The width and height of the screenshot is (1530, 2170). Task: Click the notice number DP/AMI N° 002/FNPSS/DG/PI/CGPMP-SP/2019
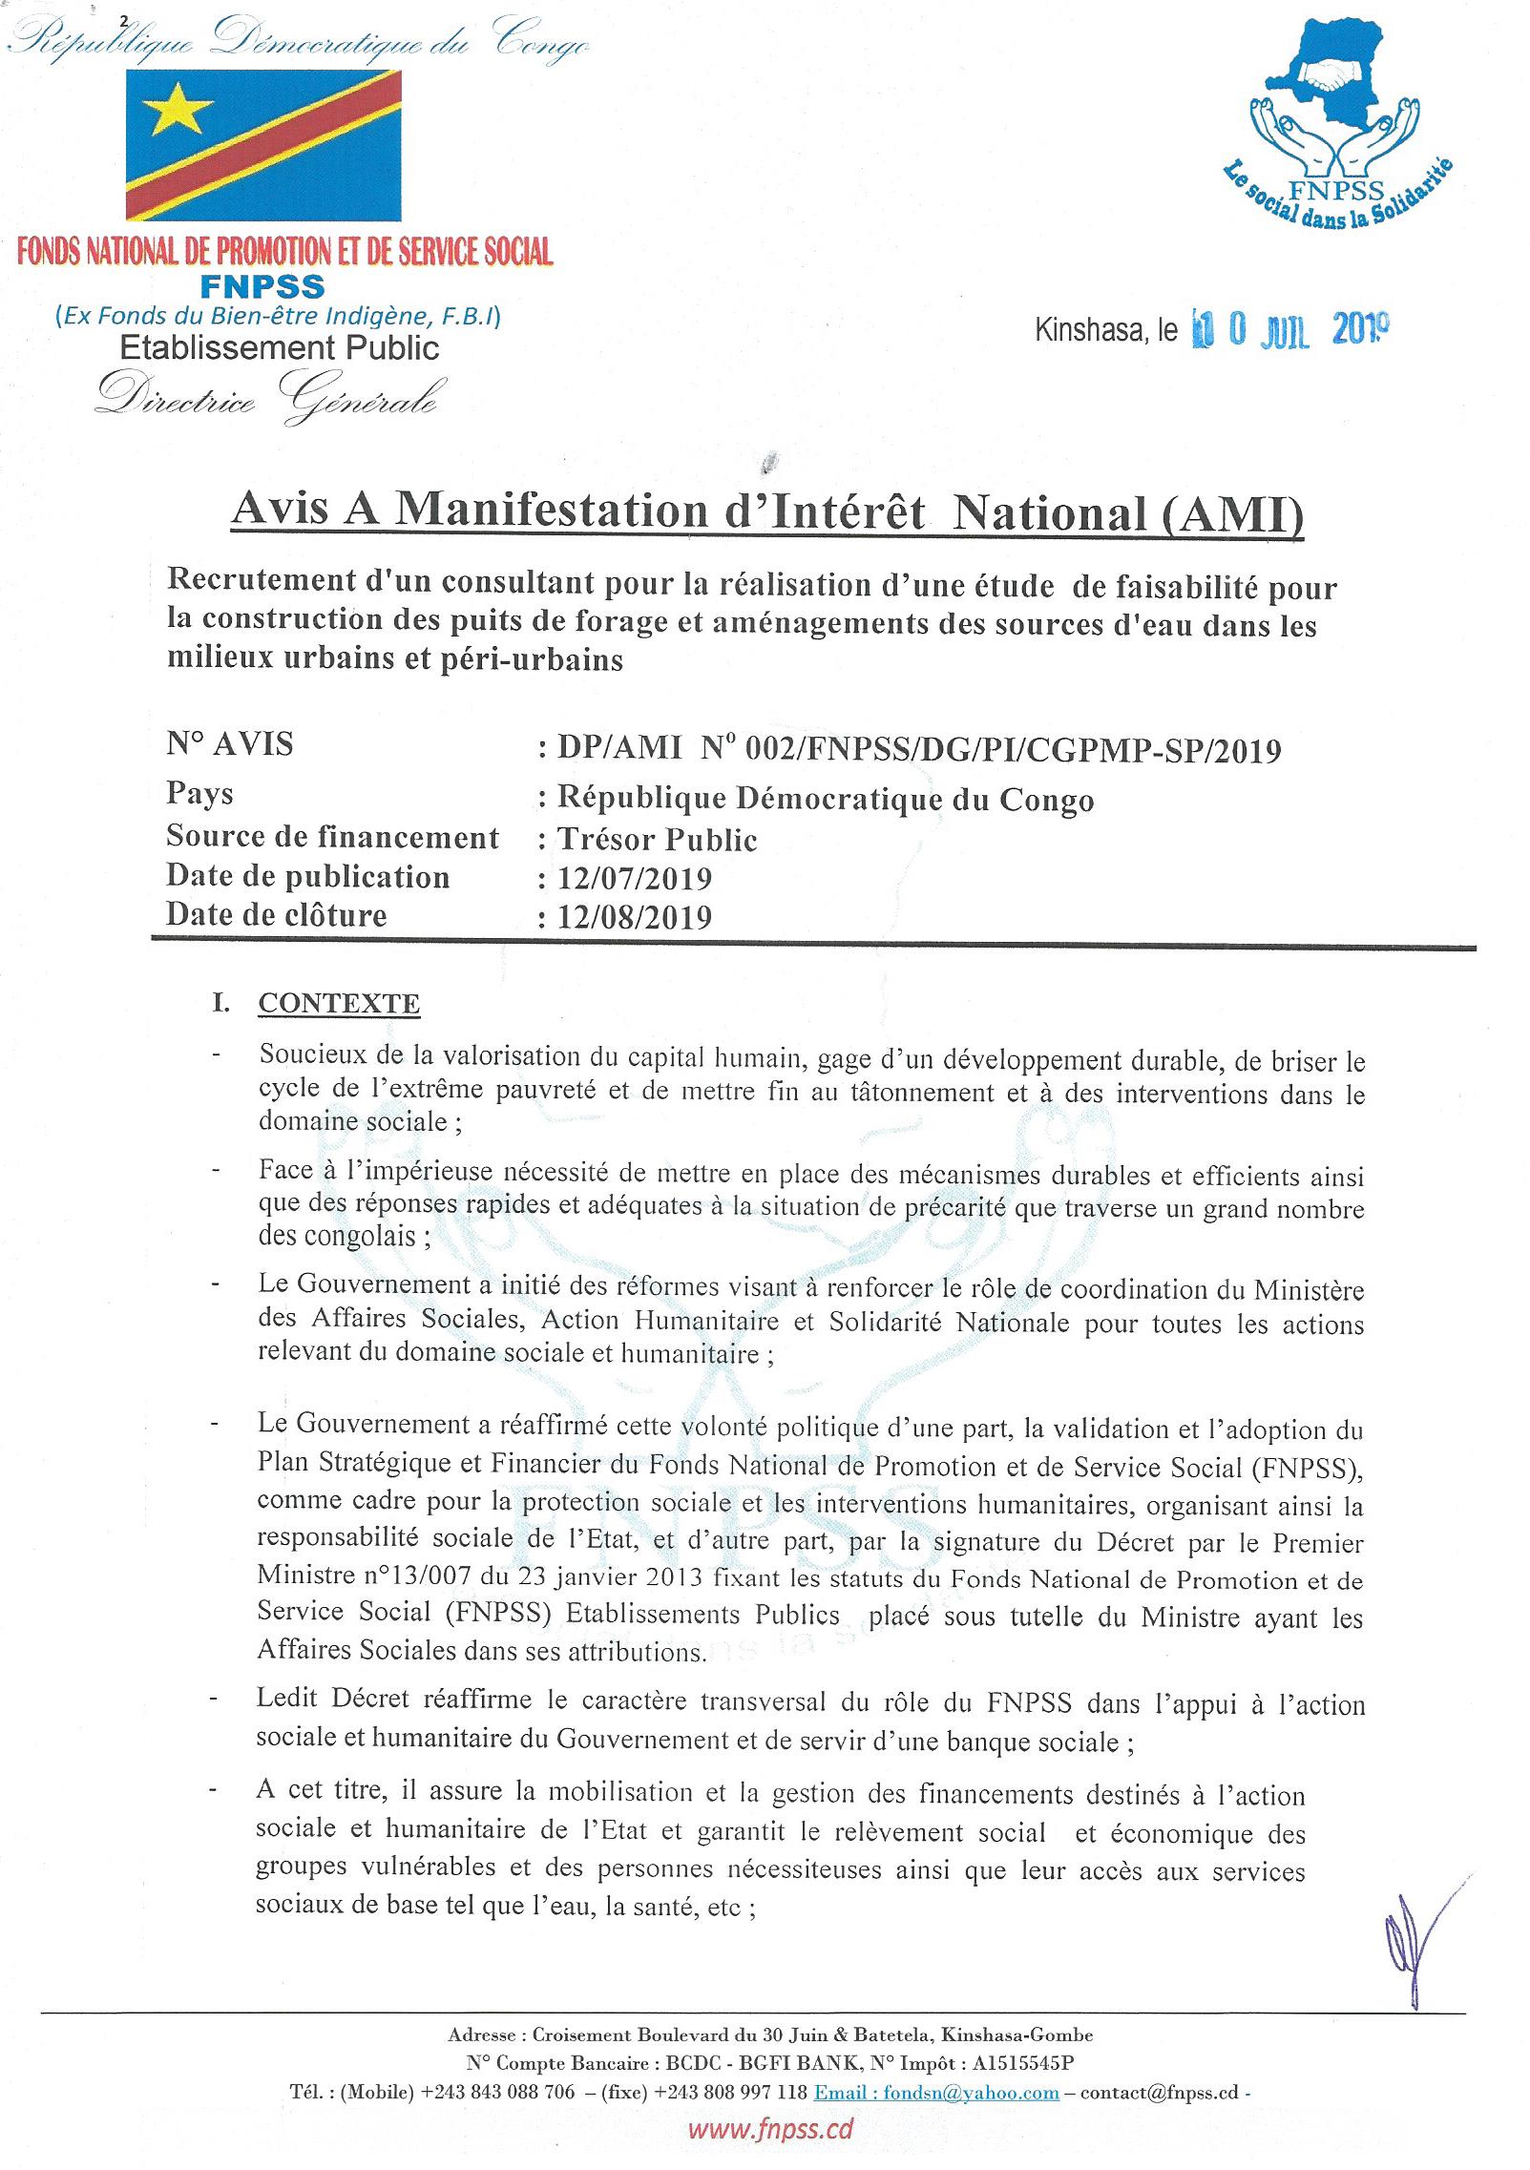(x=918, y=751)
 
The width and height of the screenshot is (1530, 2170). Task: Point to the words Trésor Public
(x=657, y=839)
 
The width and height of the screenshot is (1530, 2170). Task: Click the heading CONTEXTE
(x=339, y=1004)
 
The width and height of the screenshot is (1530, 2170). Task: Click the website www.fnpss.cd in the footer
(x=770, y=2129)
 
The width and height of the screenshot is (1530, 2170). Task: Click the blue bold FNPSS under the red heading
(x=262, y=285)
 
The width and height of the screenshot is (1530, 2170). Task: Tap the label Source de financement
(x=332, y=837)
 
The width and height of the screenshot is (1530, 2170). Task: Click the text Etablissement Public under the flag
(x=280, y=347)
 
